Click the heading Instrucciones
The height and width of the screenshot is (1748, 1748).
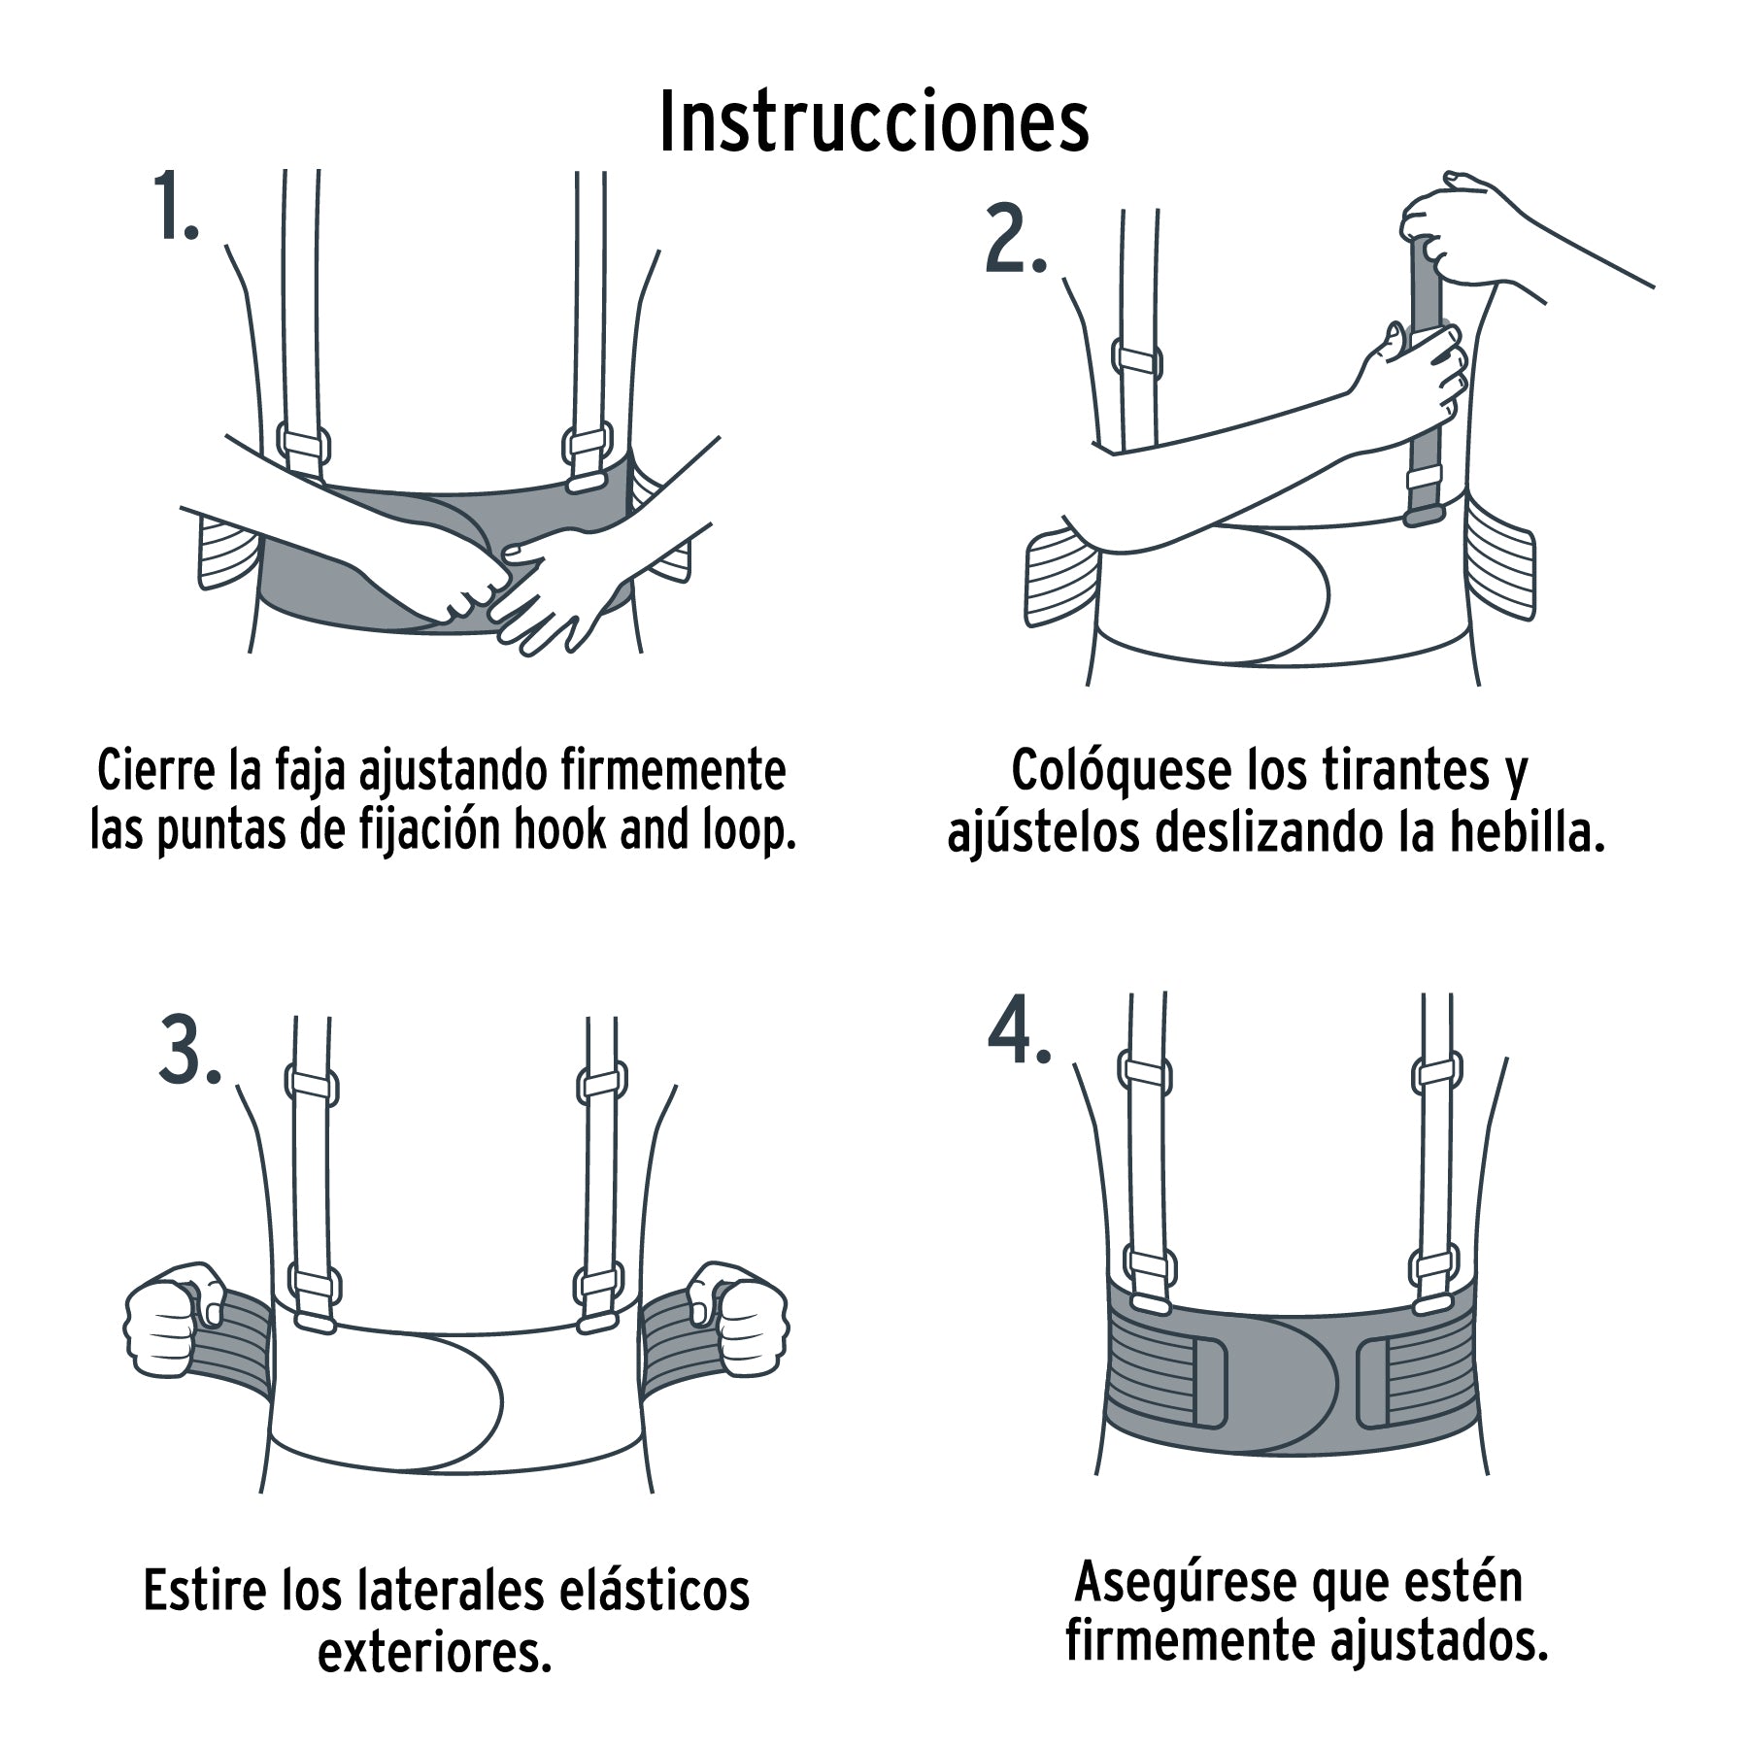pyautogui.click(x=874, y=123)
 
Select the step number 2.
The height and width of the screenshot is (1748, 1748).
pyautogui.click(x=1014, y=240)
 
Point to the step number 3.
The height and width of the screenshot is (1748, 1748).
pyautogui.click(x=188, y=1054)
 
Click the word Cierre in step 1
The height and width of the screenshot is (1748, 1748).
pyautogui.click(x=155, y=771)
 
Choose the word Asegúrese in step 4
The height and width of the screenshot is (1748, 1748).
pyautogui.click(x=1187, y=1581)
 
